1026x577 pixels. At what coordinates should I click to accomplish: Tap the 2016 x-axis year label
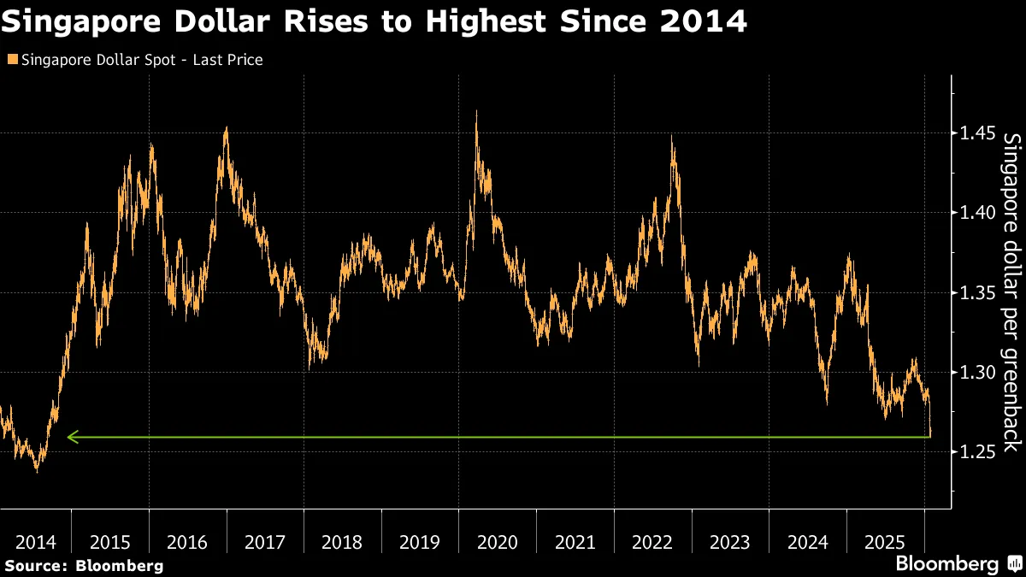[x=187, y=542]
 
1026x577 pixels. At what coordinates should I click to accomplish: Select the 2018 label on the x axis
[x=342, y=542]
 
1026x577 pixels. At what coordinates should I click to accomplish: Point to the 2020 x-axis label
[x=498, y=542]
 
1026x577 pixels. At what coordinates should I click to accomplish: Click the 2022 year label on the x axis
[x=652, y=542]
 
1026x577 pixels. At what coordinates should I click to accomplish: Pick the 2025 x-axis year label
[x=885, y=542]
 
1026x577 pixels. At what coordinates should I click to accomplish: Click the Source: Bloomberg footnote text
[x=83, y=565]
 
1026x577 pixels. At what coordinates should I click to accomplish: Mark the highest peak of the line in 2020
[x=476, y=111]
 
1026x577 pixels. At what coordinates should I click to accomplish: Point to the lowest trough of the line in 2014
[x=36, y=470]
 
